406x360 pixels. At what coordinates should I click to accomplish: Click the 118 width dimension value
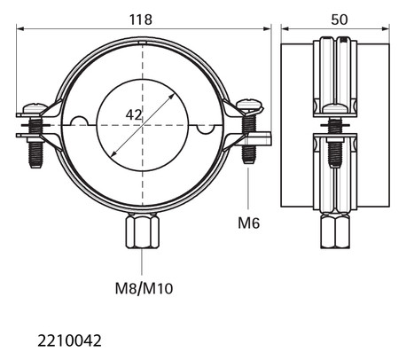pyautogui.click(x=141, y=20)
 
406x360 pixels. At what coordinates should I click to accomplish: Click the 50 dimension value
pyautogui.click(x=340, y=20)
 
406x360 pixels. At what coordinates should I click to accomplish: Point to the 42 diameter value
pyautogui.click(x=134, y=114)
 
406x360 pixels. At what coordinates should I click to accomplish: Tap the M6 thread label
pyautogui.click(x=249, y=223)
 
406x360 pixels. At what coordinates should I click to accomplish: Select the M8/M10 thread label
pyautogui.click(x=144, y=288)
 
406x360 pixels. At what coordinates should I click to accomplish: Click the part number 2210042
pyautogui.click(x=69, y=340)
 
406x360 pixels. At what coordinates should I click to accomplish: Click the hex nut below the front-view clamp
pyautogui.click(x=143, y=231)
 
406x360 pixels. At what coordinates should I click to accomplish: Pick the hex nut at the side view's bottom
pyautogui.click(x=335, y=231)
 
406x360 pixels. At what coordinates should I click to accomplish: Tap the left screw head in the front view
pyautogui.click(x=35, y=108)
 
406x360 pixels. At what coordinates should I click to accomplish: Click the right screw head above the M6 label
pyautogui.click(x=249, y=106)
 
